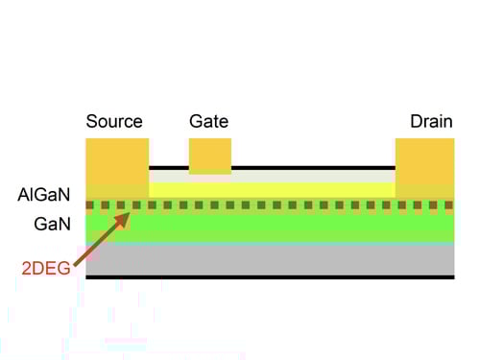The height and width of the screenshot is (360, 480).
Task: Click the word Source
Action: (114, 122)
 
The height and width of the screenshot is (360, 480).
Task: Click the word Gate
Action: (209, 122)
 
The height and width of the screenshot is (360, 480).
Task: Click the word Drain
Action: (431, 122)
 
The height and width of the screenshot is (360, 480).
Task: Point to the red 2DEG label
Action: (46, 268)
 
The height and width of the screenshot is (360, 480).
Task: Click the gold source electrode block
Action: (117, 163)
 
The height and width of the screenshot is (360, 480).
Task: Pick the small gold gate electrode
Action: (210, 155)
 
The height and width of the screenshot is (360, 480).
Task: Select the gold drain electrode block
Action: (424, 163)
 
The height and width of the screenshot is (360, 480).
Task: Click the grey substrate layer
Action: (270, 259)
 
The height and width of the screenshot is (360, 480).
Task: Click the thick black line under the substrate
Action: (270, 277)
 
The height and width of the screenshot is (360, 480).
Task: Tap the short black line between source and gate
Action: (168, 168)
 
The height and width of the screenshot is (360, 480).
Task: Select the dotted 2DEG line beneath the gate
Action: (210, 204)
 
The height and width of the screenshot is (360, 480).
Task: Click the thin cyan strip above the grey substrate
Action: (270, 242)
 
